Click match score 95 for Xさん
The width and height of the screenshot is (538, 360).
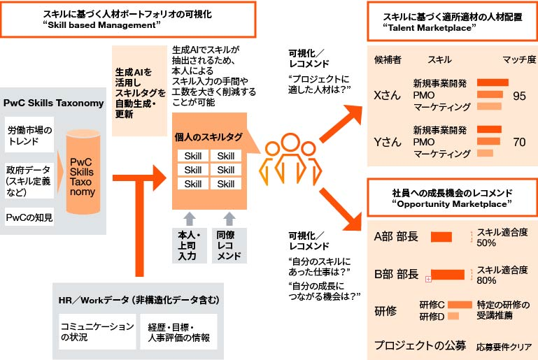pyautogui.click(x=518, y=96)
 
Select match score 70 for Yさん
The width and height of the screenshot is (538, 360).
pyautogui.click(x=518, y=142)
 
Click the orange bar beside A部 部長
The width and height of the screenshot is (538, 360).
pyautogui.click(x=441, y=236)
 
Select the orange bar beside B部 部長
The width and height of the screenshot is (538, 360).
pyautogui.click(x=447, y=274)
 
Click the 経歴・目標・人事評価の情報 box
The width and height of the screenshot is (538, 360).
pyautogui.click(x=179, y=331)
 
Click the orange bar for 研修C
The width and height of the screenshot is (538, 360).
pyautogui.click(x=460, y=305)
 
